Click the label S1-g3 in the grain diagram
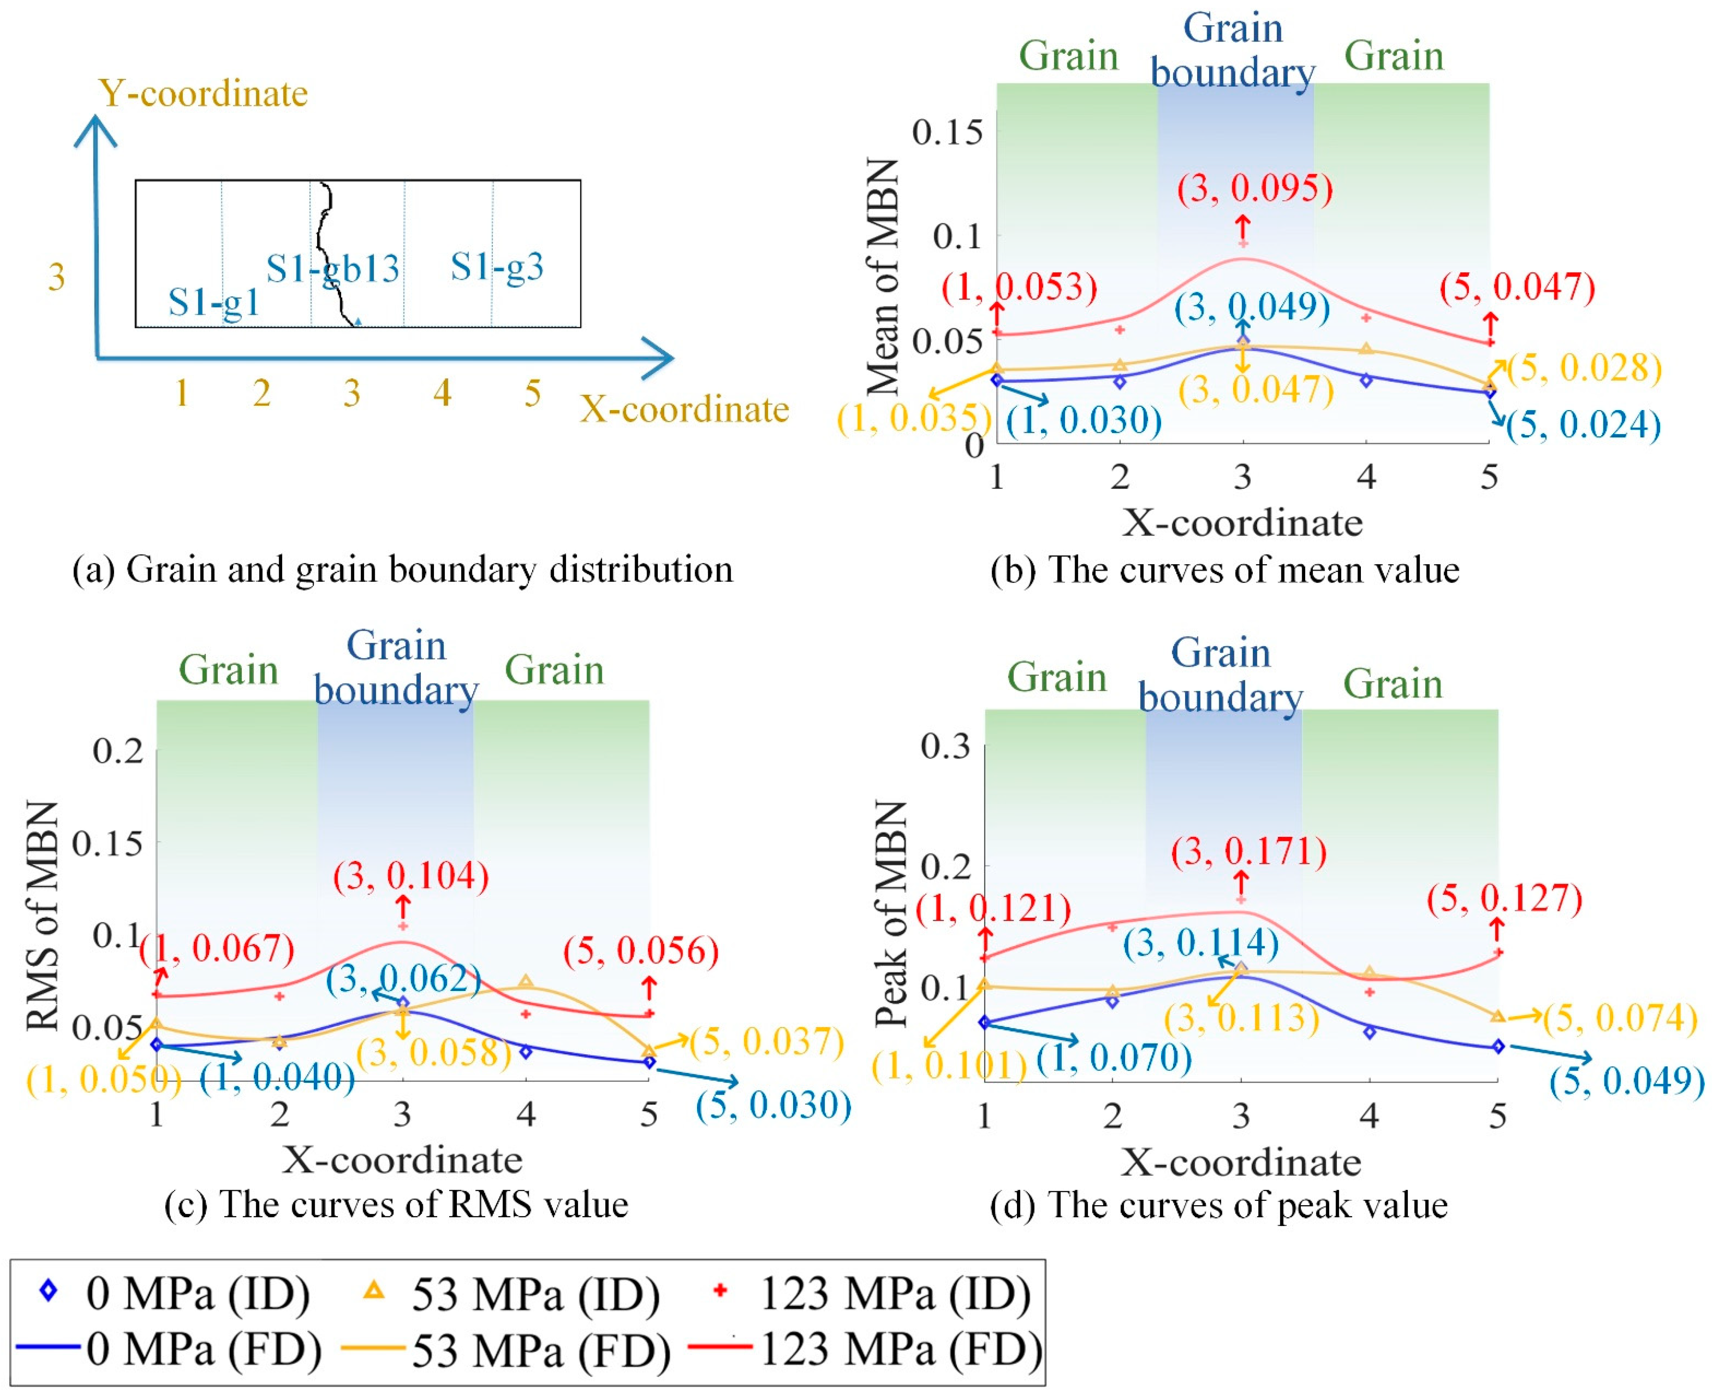pyautogui.click(x=496, y=267)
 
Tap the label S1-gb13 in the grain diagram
pyautogui.click(x=332, y=269)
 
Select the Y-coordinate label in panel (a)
pyautogui.click(x=203, y=93)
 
